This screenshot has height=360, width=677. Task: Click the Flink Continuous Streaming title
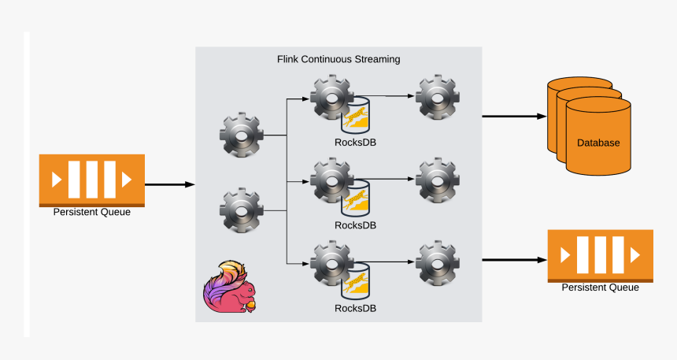[338, 59]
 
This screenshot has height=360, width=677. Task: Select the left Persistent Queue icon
[92, 180]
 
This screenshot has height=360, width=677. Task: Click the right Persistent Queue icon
[601, 255]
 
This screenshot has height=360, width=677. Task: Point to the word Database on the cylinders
[598, 143]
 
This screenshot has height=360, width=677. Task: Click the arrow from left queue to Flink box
[169, 184]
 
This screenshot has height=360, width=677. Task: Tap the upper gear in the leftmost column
[241, 135]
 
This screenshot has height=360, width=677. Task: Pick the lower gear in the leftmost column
[241, 210]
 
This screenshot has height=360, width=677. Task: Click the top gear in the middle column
[331, 97]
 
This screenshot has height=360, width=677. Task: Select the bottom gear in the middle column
[331, 263]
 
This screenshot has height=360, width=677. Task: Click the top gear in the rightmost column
[438, 97]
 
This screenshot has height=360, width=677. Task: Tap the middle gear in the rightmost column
[438, 180]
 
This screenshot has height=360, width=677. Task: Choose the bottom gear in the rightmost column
[438, 263]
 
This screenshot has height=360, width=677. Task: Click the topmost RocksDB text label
[355, 143]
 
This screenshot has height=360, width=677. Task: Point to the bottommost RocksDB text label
[355, 308]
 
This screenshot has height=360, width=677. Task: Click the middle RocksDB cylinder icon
[356, 199]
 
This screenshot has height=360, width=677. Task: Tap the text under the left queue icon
[92, 211]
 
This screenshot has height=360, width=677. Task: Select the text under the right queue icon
[601, 288]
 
